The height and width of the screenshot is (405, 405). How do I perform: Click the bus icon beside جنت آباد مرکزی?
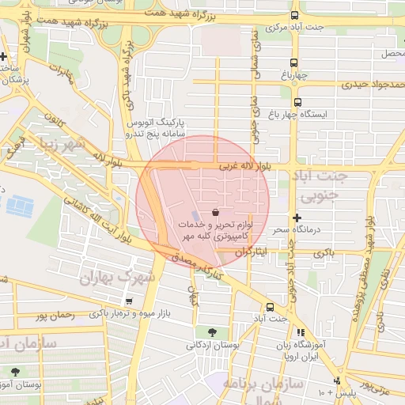295,15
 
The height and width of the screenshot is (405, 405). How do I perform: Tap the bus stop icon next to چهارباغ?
294,63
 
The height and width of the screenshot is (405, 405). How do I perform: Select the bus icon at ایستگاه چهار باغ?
297,102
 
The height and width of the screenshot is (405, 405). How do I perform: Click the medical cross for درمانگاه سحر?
297,217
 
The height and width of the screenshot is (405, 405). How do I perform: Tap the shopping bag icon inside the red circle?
216,211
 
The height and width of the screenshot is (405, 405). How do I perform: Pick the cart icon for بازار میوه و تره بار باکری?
129,301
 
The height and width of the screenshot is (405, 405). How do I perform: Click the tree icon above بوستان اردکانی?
212,331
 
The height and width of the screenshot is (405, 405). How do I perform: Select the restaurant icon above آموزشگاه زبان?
300,333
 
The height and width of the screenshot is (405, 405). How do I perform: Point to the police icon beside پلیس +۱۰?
337,380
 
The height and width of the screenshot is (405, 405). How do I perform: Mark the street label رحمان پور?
55,315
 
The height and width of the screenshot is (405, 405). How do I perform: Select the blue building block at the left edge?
20,206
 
